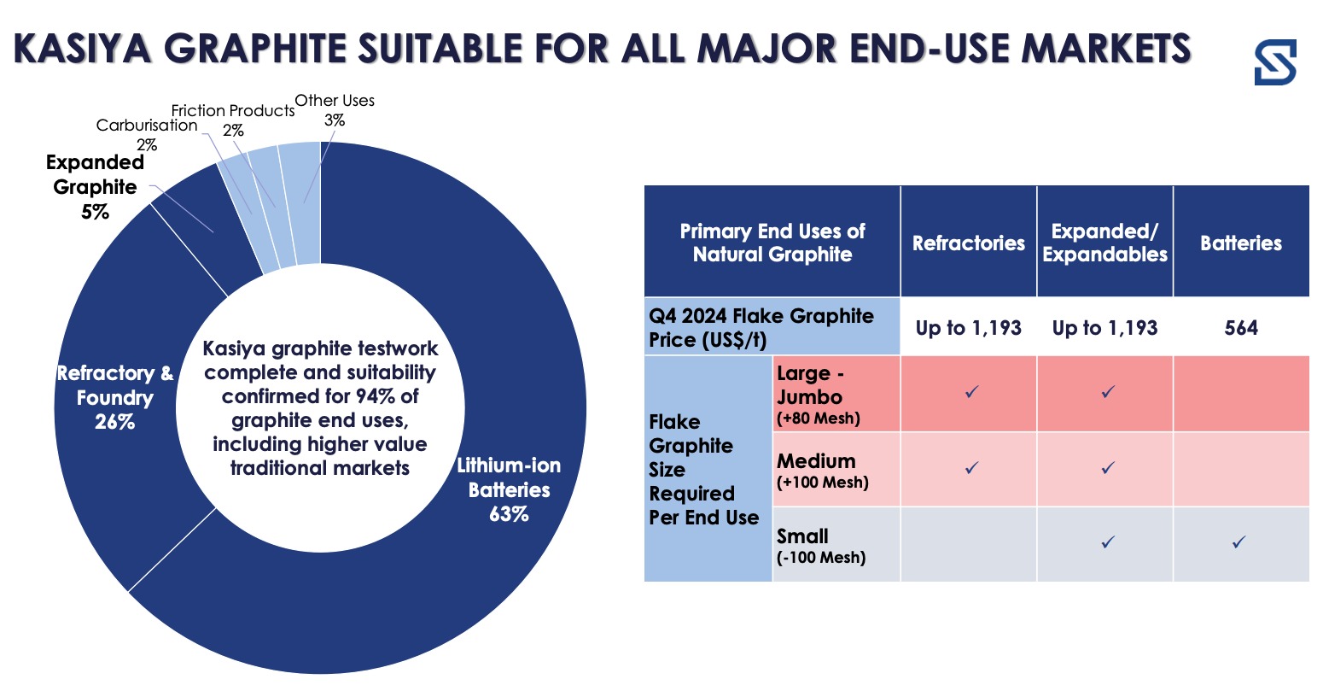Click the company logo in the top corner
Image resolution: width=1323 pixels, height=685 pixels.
(x=1275, y=61)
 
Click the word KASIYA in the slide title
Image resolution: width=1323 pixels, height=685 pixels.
(x=83, y=49)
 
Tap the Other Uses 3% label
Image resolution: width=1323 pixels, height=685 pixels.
(x=335, y=110)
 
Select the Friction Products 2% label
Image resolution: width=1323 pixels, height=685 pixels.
(x=233, y=120)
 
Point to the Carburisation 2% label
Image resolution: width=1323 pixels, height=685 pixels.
(x=147, y=135)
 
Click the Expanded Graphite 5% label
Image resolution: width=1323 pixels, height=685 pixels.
(x=95, y=187)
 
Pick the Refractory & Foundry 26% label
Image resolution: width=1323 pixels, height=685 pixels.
(x=115, y=397)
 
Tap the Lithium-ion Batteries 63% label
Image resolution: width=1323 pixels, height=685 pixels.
(x=509, y=489)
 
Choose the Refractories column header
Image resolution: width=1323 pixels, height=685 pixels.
(x=969, y=243)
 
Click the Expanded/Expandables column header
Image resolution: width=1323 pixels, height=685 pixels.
(x=1104, y=243)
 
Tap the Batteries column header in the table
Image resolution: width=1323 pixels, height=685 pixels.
(x=1241, y=243)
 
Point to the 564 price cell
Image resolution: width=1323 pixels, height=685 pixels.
(x=1241, y=327)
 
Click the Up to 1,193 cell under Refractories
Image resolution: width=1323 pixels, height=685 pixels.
(x=969, y=327)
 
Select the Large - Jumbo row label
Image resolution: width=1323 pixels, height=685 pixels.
(x=818, y=395)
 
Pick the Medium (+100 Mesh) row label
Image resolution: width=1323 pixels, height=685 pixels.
(x=822, y=470)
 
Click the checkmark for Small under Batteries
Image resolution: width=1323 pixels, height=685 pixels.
(x=1239, y=542)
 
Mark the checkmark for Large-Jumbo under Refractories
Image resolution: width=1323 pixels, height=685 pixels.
(x=971, y=391)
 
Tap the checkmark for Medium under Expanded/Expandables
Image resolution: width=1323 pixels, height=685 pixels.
(x=1108, y=467)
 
